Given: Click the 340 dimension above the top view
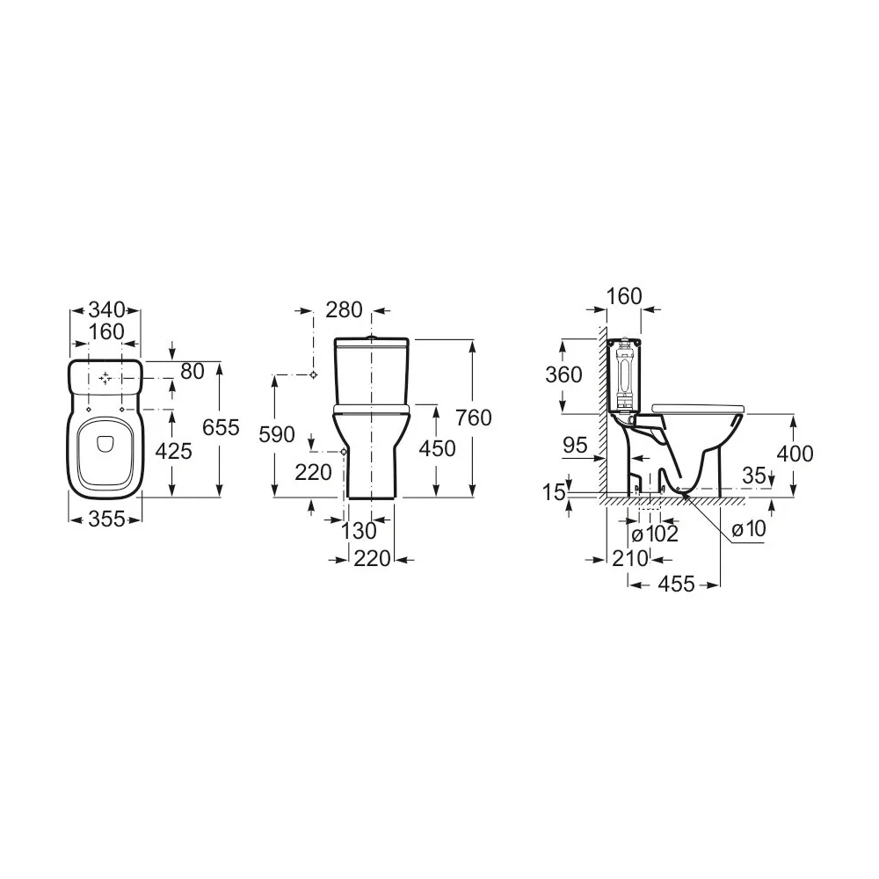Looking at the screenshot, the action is pyautogui.click(x=106, y=309).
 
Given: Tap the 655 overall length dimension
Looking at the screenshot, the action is pyautogui.click(x=221, y=427).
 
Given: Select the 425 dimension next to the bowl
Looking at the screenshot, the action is pyautogui.click(x=173, y=450).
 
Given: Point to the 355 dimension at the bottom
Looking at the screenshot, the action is pyautogui.click(x=106, y=519).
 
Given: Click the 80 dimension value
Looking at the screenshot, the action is pyautogui.click(x=192, y=371).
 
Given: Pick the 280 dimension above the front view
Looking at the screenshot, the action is pyautogui.click(x=344, y=309).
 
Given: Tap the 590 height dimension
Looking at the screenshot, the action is pyautogui.click(x=276, y=434).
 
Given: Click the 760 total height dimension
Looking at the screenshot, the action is pyautogui.click(x=474, y=417).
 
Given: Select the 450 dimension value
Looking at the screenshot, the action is pyautogui.click(x=437, y=448).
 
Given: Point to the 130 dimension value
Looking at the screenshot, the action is pyautogui.click(x=359, y=530).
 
